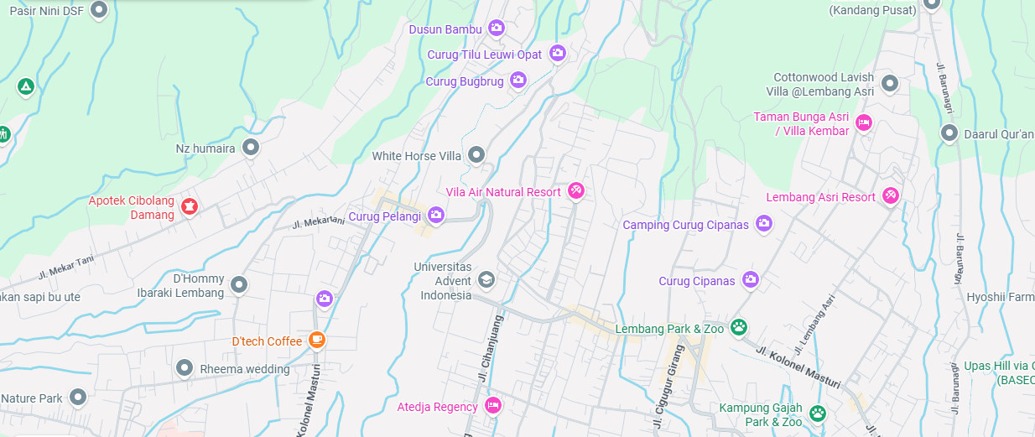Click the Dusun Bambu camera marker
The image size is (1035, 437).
[497, 29]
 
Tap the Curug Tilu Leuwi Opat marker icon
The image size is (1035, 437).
[558, 54]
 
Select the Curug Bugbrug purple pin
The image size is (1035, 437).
[518, 81]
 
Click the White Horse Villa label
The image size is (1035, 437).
[417, 156]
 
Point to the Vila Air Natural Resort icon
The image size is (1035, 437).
[576, 191]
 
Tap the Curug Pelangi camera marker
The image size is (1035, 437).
[435, 216]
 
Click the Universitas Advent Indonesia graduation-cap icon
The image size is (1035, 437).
[486, 279]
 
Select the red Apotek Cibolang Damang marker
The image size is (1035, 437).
[190, 205]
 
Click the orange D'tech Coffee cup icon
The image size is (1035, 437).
[316, 340]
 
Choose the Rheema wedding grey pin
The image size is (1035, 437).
[185, 367]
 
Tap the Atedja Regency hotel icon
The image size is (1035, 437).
[493, 406]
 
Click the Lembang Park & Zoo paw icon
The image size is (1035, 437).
[739, 327]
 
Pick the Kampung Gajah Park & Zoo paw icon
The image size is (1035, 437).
[817, 413]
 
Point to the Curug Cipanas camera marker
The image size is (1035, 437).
[751, 280]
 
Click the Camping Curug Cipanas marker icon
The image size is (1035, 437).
[764, 223]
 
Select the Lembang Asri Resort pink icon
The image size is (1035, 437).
[891, 196]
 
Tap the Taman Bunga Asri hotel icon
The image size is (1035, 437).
[864, 124]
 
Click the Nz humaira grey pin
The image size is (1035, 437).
[250, 148]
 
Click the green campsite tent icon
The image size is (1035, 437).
[26, 86]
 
